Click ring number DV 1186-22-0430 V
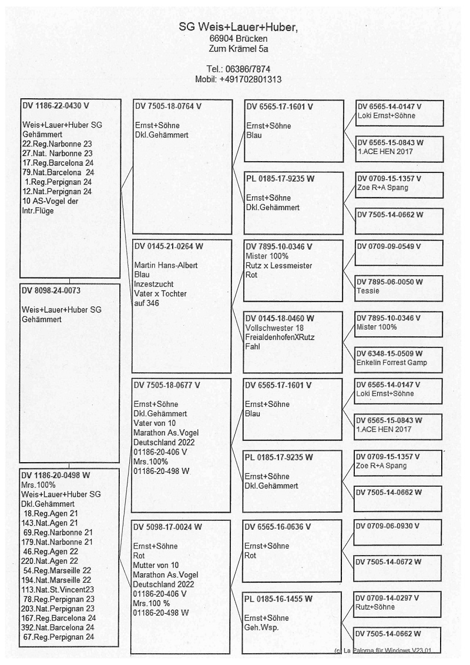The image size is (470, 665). coord(58,106)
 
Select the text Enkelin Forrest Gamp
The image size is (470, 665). coord(392,362)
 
